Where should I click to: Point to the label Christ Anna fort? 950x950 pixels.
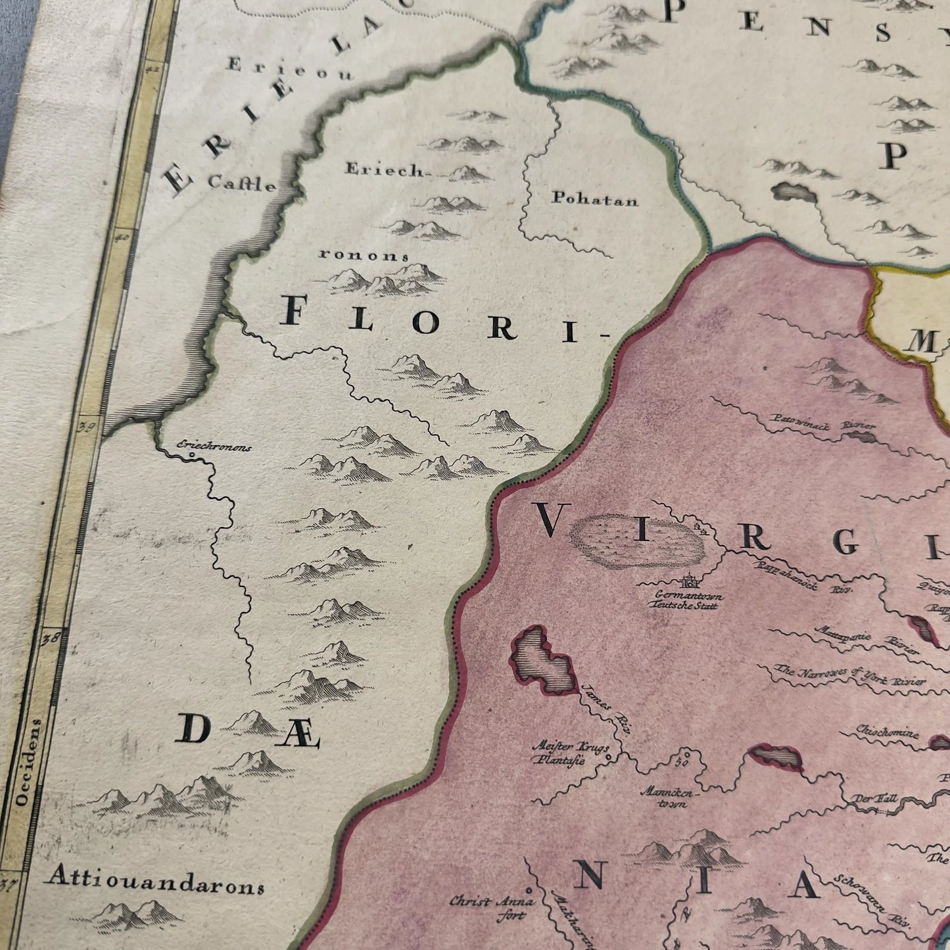coord(492,908)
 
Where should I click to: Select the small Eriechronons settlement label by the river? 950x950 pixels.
coord(214,446)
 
